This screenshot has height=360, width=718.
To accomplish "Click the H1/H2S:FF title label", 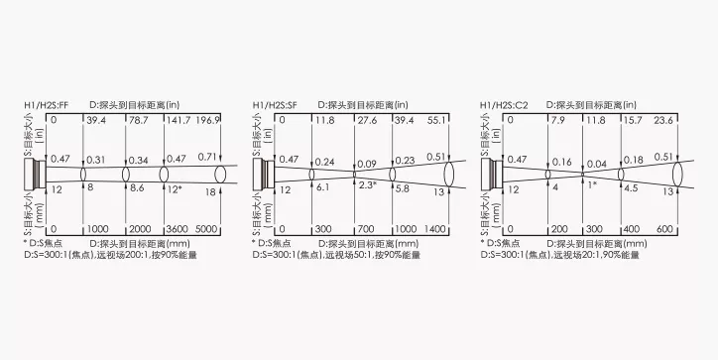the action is (x=47, y=105).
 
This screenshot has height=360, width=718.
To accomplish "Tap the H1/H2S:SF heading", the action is (x=275, y=105).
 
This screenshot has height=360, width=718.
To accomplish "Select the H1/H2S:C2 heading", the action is (x=504, y=105).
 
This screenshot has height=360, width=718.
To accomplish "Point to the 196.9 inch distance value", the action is (x=207, y=120).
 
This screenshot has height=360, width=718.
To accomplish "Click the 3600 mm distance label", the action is (x=177, y=229).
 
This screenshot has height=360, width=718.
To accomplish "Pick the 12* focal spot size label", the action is (x=175, y=189).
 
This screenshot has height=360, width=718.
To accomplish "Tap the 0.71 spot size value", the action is (x=207, y=157).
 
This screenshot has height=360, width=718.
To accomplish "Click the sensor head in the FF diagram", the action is (x=36, y=174).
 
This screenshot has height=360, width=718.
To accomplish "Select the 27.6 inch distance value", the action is (x=367, y=120).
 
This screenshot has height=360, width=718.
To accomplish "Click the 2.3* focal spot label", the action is (x=368, y=184).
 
